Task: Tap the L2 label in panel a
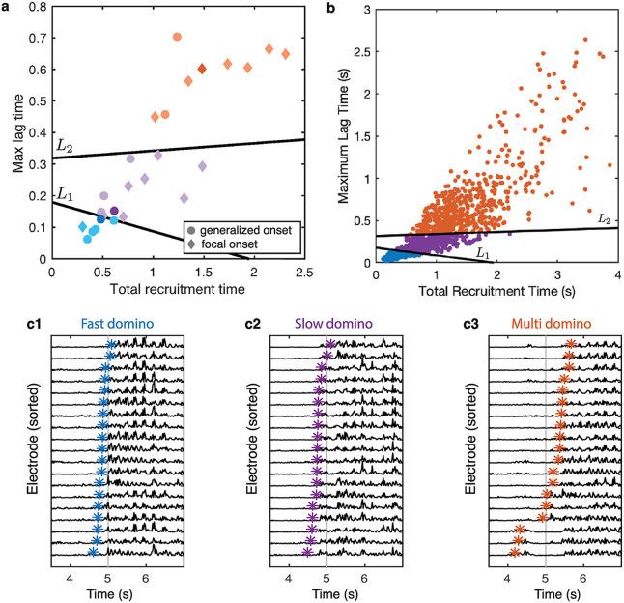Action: coord(64,145)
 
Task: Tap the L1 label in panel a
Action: coord(64,193)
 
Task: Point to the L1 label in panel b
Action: coord(485,252)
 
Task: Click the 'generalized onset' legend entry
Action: coord(245,231)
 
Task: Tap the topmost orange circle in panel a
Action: coord(178,37)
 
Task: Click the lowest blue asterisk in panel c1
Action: coord(93,552)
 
